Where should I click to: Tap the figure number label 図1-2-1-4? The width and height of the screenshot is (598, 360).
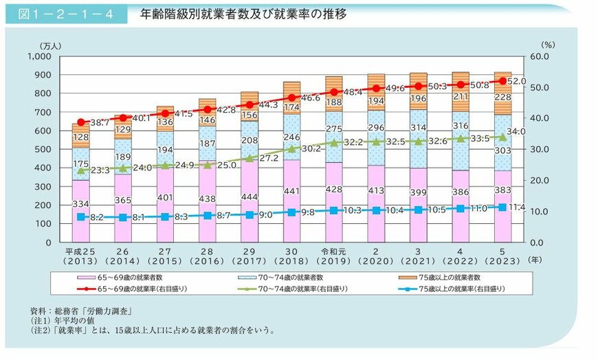point(65,13)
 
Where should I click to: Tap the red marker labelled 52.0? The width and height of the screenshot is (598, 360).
point(502,81)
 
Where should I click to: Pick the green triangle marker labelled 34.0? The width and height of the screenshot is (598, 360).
point(502,137)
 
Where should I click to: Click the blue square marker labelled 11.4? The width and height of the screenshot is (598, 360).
point(502,207)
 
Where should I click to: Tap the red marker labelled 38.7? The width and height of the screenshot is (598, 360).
point(81,122)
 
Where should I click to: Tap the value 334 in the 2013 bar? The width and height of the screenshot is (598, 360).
point(81,204)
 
